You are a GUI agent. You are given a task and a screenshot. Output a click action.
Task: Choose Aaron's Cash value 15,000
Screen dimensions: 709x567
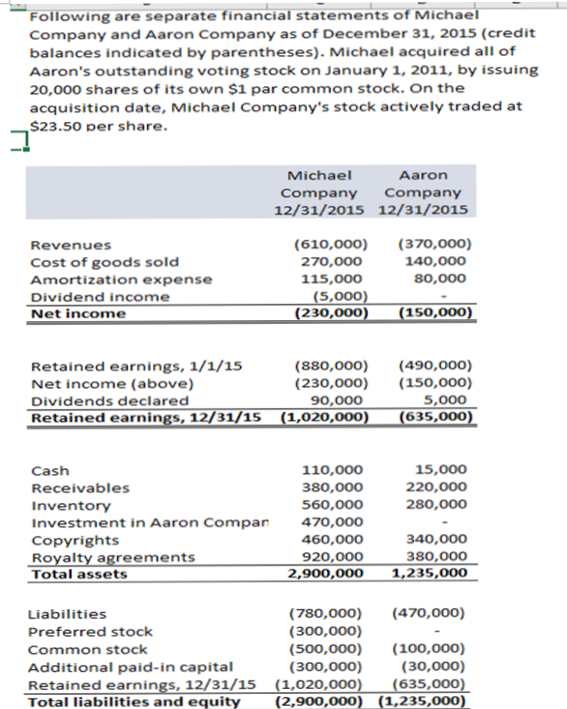(445, 470)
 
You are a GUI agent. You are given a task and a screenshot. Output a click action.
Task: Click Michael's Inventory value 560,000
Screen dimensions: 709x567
(334, 505)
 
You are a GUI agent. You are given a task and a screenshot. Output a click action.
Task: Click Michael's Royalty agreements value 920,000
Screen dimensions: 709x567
(334, 557)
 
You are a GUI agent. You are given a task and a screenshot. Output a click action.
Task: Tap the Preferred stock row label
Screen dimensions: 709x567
(90, 632)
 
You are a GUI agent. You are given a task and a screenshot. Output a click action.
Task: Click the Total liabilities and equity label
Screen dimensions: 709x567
(134, 701)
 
